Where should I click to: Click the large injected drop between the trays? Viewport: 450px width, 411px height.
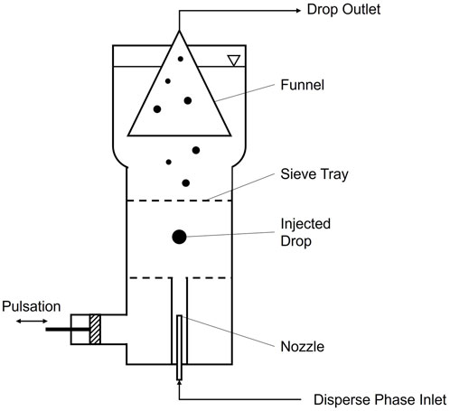tap(179, 237)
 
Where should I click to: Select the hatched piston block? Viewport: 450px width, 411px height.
tap(94, 328)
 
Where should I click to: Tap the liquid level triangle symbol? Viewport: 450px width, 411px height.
tap(233, 61)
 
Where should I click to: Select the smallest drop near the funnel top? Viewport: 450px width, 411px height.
tap(180, 60)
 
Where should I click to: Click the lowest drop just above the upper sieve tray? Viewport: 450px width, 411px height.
tap(185, 182)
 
